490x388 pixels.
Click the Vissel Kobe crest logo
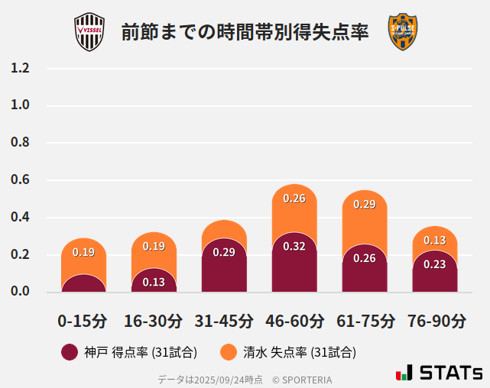pyautogui.click(x=89, y=32)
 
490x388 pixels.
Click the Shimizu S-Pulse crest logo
pyautogui.click(x=402, y=32)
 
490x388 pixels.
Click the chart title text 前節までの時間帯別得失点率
pyautogui.click(x=245, y=33)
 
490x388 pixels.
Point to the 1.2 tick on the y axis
pyautogui.click(x=20, y=68)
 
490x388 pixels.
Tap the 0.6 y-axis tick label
pyautogui.click(x=20, y=180)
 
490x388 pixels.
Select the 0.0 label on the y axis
pyautogui.click(x=20, y=292)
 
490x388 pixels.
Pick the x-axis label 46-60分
pyautogui.click(x=294, y=320)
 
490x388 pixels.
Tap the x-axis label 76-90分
pyautogui.click(x=435, y=320)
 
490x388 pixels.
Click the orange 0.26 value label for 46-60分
pyautogui.click(x=294, y=199)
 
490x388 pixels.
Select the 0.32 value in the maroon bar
pyautogui.click(x=294, y=247)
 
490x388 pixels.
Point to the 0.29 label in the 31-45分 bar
pyautogui.click(x=224, y=252)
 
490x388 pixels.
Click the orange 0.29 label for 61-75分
pyautogui.click(x=365, y=205)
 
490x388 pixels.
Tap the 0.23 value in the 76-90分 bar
pyautogui.click(x=435, y=265)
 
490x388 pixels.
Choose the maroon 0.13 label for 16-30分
pyautogui.click(x=154, y=282)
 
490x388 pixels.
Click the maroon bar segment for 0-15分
pyautogui.click(x=83, y=284)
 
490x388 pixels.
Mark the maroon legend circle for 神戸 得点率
pyautogui.click(x=70, y=352)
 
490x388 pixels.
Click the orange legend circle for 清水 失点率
pyautogui.click(x=228, y=352)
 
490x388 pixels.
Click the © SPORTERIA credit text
pyautogui.click(x=302, y=380)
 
